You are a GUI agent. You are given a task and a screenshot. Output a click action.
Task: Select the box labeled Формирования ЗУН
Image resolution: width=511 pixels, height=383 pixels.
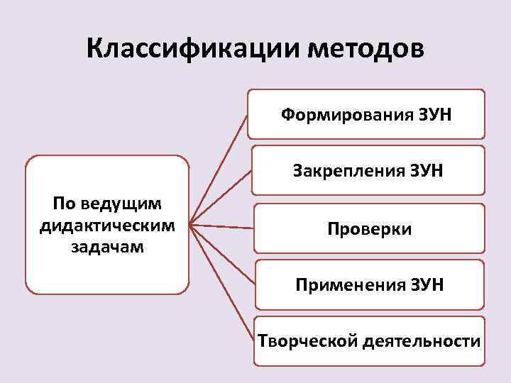(366, 113)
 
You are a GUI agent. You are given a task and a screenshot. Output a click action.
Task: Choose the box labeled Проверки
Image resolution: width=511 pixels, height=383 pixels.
(369, 228)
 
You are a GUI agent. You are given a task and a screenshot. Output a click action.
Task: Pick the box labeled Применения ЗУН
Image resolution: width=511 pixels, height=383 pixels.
(369, 285)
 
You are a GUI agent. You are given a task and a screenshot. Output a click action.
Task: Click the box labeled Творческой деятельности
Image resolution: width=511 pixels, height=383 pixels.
(368, 341)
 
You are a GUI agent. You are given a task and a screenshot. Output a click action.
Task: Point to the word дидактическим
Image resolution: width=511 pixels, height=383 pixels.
(107, 226)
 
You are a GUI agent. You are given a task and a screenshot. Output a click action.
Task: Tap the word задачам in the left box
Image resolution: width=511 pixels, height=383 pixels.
(107, 247)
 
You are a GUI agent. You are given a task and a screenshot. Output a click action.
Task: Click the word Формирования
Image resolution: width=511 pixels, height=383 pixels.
(339, 113)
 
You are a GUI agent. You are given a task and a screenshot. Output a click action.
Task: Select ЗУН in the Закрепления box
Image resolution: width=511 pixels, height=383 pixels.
(427, 170)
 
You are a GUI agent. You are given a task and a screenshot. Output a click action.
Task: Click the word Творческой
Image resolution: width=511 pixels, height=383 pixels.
(307, 341)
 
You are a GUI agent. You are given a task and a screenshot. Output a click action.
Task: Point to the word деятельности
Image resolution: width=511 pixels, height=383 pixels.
(421, 341)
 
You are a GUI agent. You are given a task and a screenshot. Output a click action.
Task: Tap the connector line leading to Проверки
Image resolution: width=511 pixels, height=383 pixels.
(222, 227)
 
